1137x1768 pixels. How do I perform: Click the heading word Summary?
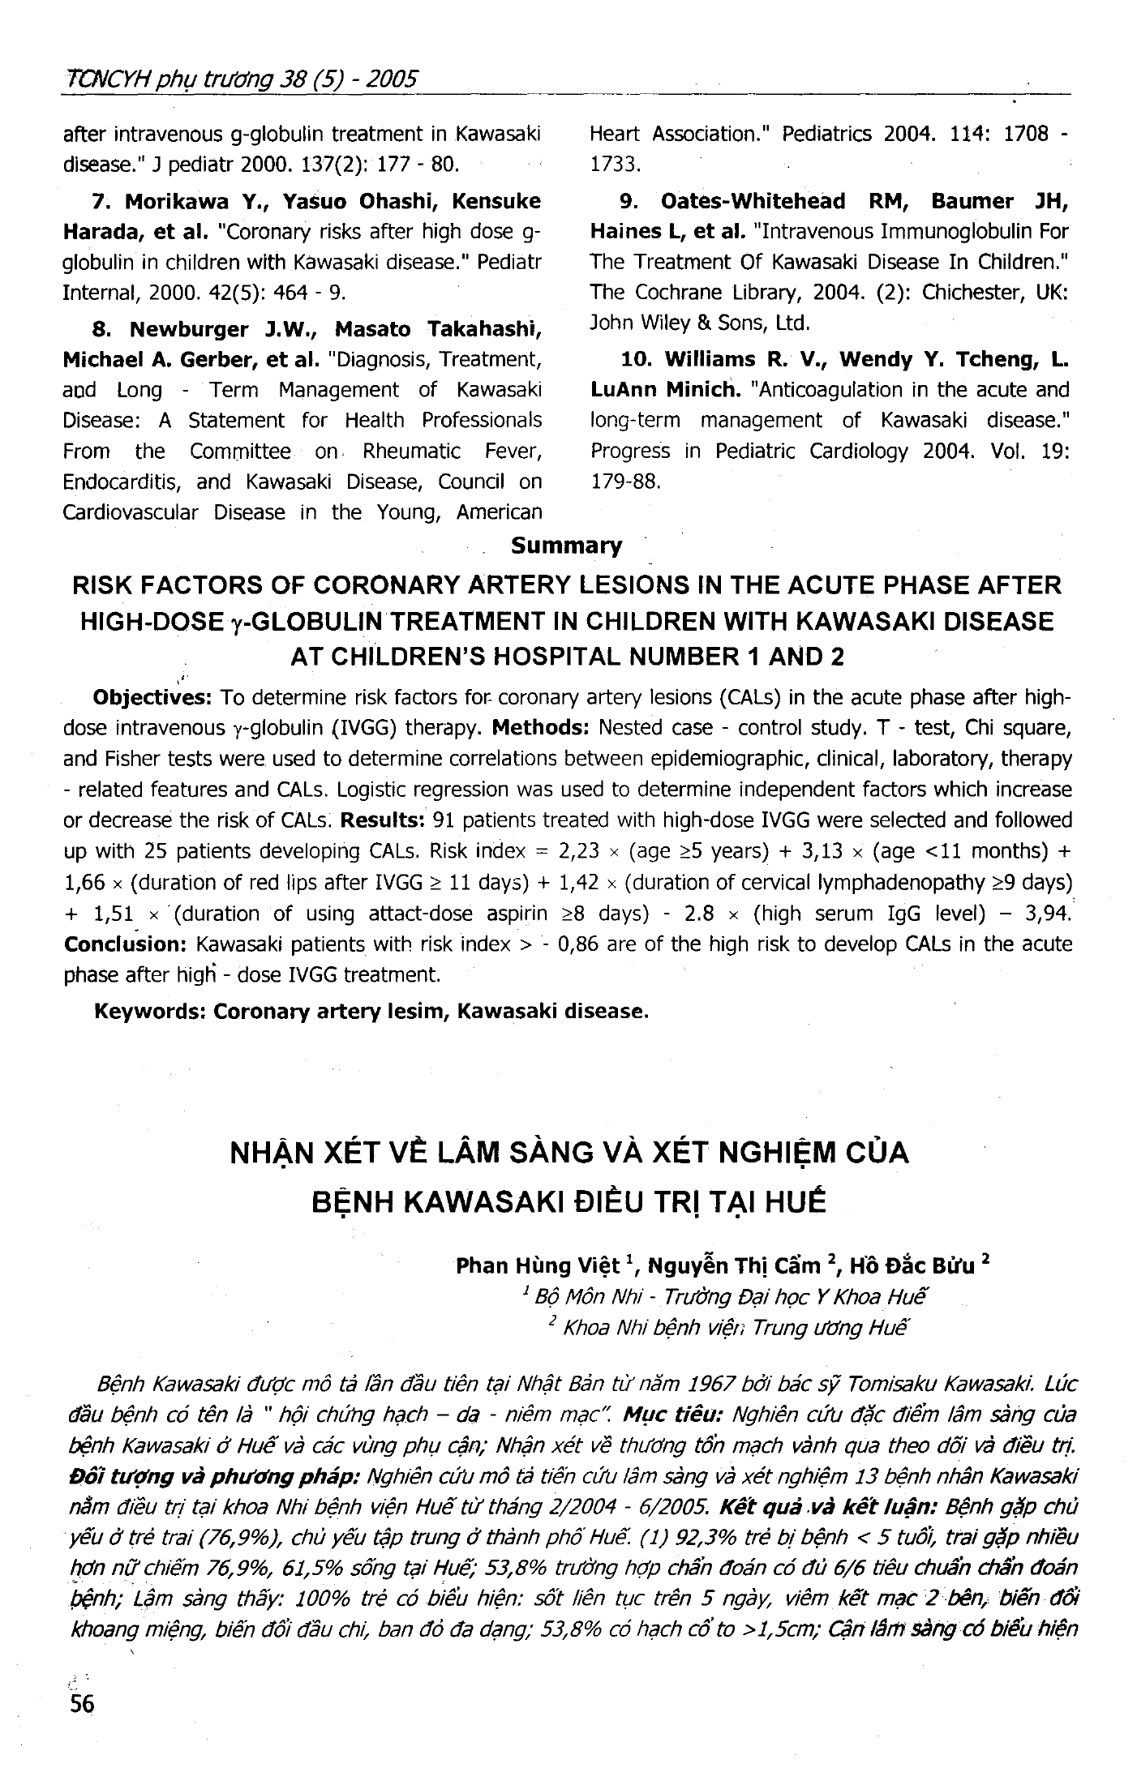[x=566, y=546]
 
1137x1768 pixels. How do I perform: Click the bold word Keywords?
[x=151, y=1012]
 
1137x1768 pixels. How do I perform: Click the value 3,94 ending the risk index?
[x=1047, y=914]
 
